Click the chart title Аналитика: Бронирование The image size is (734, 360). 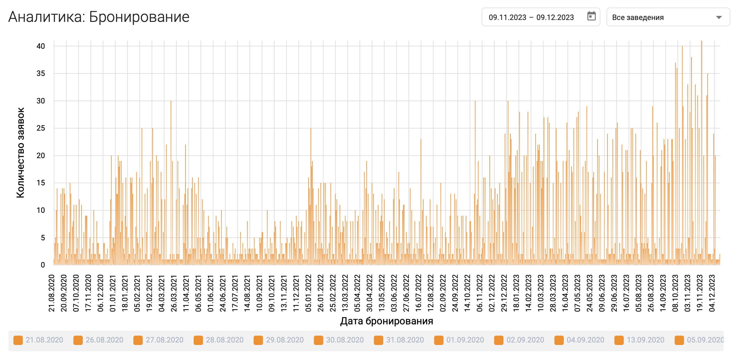click(x=99, y=17)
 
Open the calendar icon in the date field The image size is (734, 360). click(x=591, y=16)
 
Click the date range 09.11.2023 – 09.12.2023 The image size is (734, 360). click(x=531, y=17)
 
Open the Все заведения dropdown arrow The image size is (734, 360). click(x=719, y=17)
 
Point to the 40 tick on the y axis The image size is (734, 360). click(x=41, y=46)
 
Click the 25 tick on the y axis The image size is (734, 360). click(x=41, y=128)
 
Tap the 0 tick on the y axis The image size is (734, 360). click(x=43, y=265)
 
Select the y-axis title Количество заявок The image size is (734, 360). click(x=21, y=152)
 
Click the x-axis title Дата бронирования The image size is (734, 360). click(x=386, y=321)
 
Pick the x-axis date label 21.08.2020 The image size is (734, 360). click(x=52, y=293)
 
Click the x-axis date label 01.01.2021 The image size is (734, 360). click(x=113, y=293)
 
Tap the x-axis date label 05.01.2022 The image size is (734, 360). click(x=308, y=293)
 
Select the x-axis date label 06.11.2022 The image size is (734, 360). click(x=479, y=293)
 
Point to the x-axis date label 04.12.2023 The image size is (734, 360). click(x=712, y=293)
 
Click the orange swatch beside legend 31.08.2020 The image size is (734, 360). click(x=379, y=340)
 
